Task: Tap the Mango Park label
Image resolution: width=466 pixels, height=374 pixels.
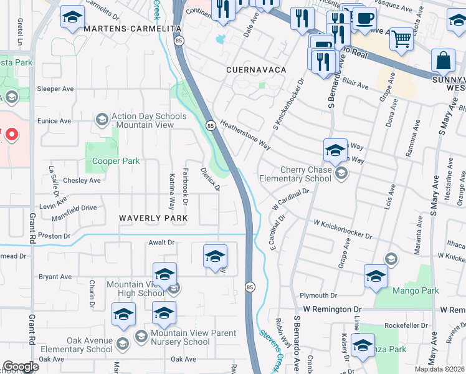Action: pos(416,290)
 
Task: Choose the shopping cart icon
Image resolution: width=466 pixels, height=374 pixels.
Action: pos(401,39)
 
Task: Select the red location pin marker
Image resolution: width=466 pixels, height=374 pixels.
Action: pos(10,134)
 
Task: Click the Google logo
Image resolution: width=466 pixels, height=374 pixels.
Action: pos(20,367)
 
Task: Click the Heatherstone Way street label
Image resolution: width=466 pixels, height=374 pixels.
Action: pos(245,135)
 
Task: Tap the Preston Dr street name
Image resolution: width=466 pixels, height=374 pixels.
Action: pos(54,236)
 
